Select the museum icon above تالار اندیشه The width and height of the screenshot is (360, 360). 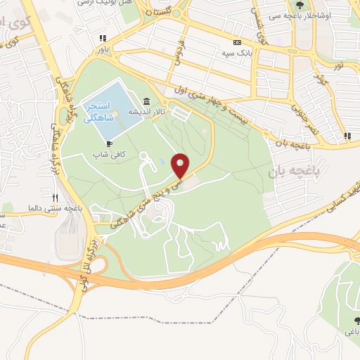146,101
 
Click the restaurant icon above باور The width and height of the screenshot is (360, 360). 103,39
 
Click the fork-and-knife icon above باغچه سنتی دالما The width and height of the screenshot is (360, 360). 56,198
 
